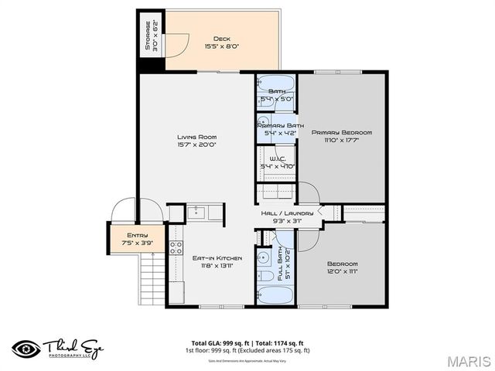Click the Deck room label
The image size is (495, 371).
tap(221, 38)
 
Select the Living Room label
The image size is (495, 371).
tap(196, 137)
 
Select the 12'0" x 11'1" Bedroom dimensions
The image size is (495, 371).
tap(342, 271)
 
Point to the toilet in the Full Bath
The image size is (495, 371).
tap(265, 274)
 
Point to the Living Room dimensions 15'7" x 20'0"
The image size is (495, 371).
tap(196, 145)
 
